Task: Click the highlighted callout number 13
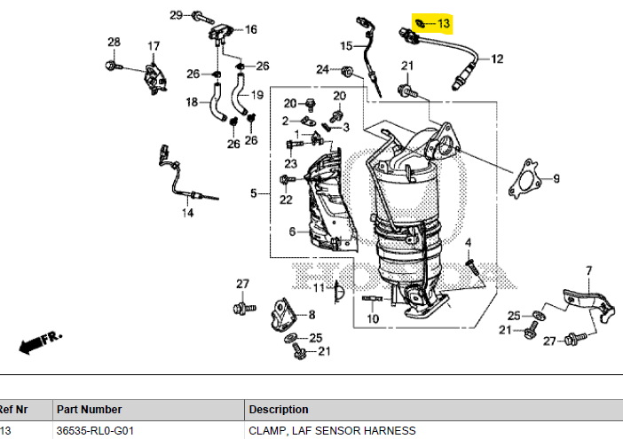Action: coord(444,24)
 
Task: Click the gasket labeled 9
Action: coord(525,179)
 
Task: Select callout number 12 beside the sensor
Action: coord(497,59)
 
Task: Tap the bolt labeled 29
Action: coord(202,18)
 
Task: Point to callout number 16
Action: coord(251,29)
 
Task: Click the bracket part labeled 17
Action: coord(154,79)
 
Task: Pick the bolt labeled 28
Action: coord(114,66)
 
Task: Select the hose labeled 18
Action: coord(217,103)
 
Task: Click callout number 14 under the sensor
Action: coord(187,213)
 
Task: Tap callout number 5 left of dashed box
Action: coord(254,193)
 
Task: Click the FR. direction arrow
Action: coord(40,341)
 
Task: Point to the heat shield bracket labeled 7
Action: coord(588,305)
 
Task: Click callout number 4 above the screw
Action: coord(468,242)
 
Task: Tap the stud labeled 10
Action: coord(372,298)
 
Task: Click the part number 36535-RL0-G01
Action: coord(95,431)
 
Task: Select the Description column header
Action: coord(279,409)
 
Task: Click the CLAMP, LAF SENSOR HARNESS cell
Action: coord(332,431)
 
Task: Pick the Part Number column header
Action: coord(89,409)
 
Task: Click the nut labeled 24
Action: coord(347,72)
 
